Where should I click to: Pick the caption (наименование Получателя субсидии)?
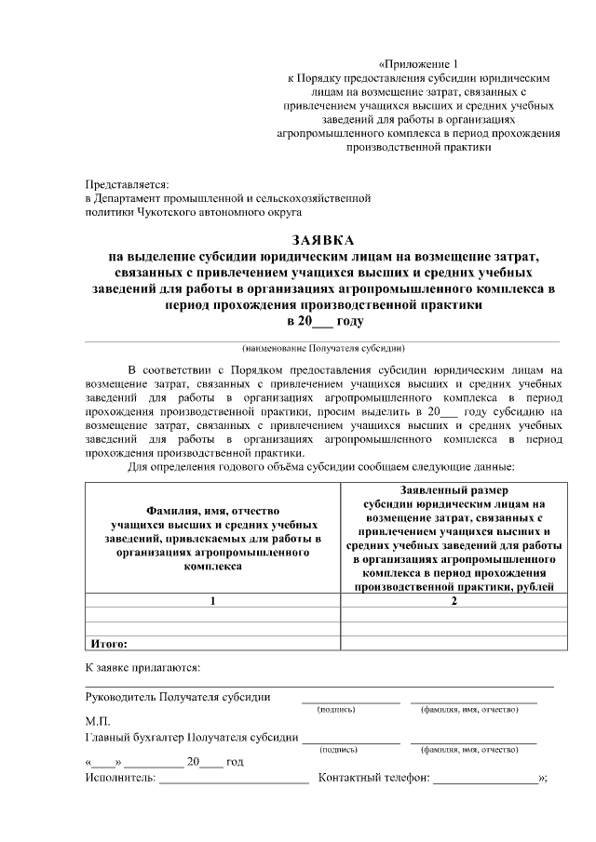coord(322,349)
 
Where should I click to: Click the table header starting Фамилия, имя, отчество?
coord(212,538)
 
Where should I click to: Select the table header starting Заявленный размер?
coord(454,538)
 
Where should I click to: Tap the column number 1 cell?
coord(212,601)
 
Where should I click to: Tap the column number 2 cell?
coord(454,601)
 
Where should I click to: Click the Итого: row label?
coord(109,642)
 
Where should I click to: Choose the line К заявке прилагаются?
coord(142,667)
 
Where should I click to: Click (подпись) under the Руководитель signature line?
coord(337,709)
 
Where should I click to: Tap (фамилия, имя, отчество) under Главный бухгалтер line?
coord(469,749)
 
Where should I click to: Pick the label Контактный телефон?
coord(373,778)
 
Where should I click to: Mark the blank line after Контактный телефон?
coord(484,780)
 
